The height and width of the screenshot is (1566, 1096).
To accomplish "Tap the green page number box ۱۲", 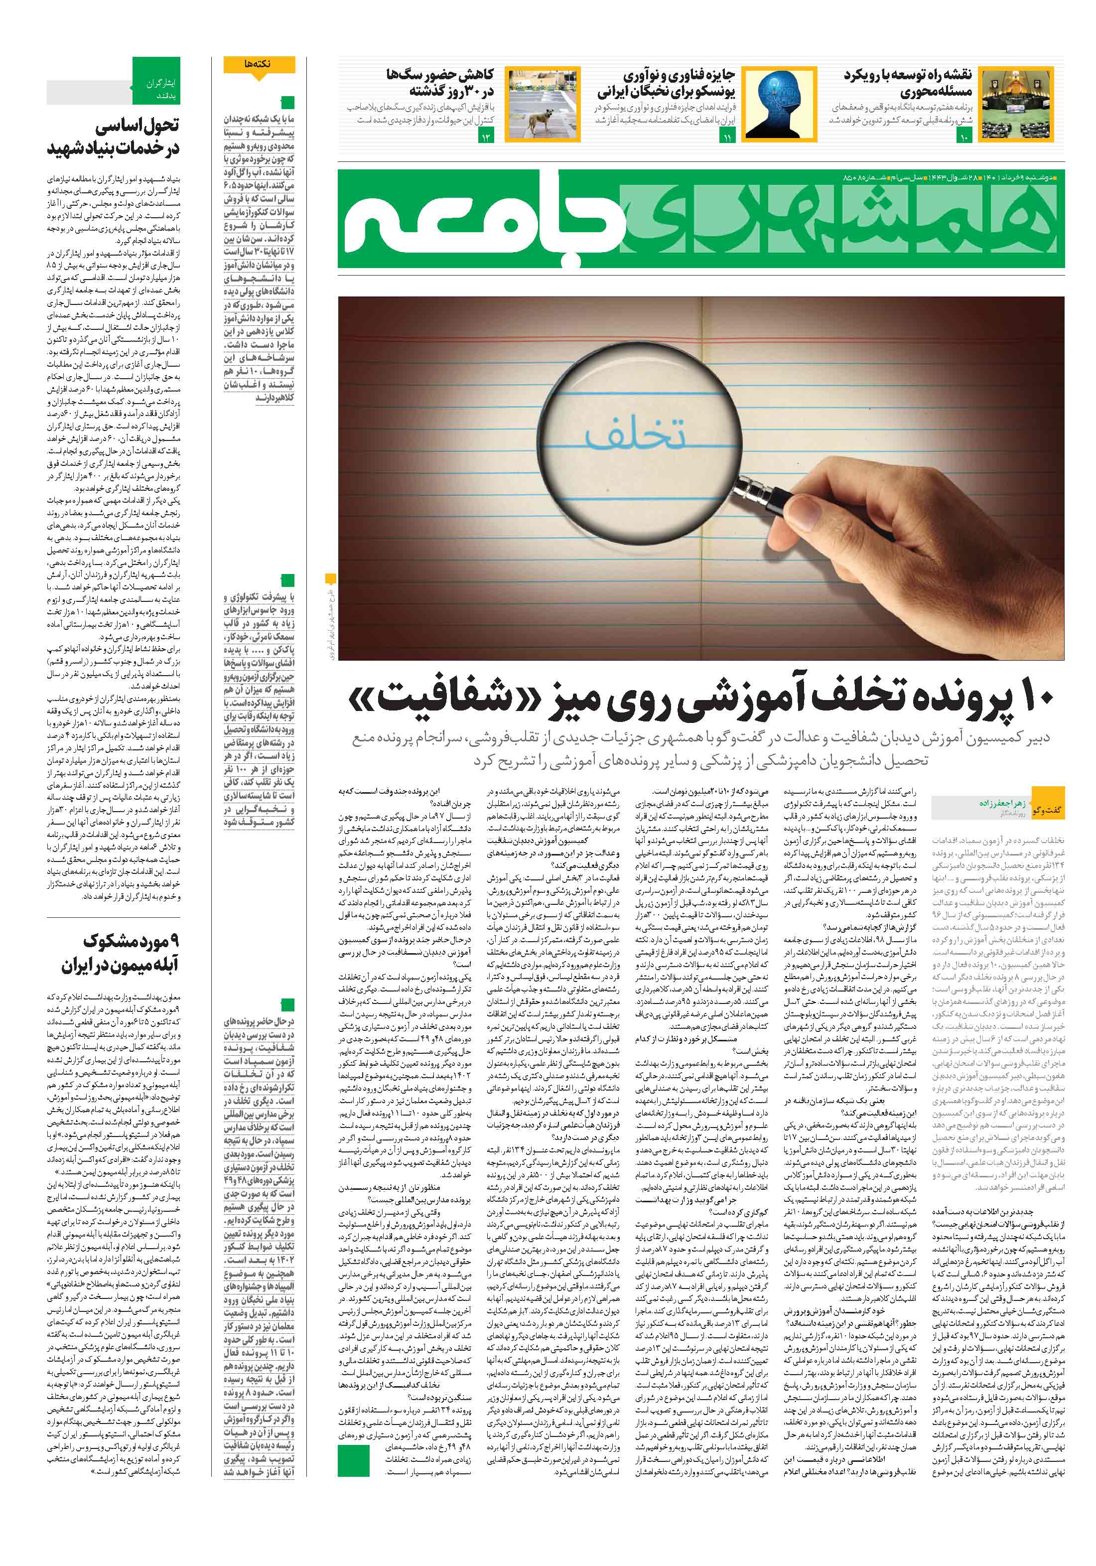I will (x=487, y=139).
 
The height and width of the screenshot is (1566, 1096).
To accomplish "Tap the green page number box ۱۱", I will (x=726, y=139).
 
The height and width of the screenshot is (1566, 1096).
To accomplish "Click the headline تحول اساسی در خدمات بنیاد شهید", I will (x=113, y=137).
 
